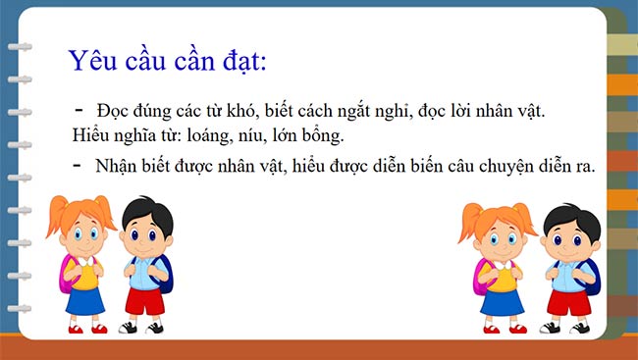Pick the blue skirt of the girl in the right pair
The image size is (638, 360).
click(x=501, y=298)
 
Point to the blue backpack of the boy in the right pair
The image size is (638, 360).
click(x=589, y=277)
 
